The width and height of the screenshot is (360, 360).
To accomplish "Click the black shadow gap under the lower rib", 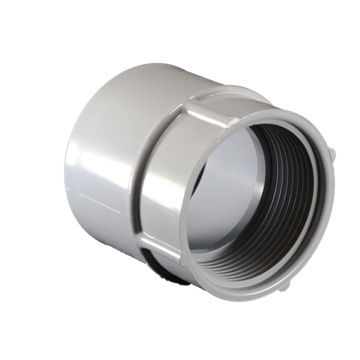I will [x=169, y=271].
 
